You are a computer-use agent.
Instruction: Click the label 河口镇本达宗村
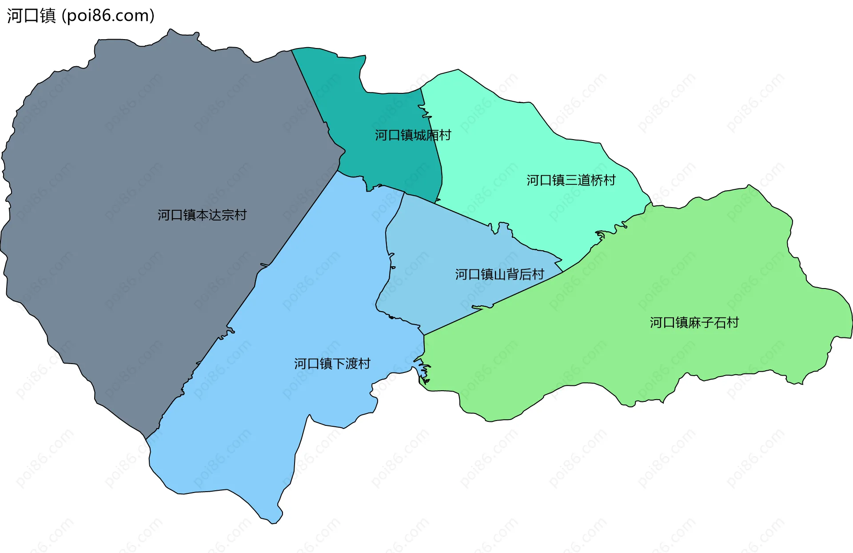(202, 215)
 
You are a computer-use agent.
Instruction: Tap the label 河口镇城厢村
(413, 135)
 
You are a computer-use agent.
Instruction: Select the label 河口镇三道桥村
(571, 180)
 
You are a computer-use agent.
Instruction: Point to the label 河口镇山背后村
(499, 274)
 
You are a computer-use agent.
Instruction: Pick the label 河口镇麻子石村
(694, 322)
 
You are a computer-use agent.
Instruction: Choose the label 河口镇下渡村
(332, 364)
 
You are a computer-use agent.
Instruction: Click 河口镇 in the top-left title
(31, 16)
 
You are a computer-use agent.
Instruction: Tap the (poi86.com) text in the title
(108, 16)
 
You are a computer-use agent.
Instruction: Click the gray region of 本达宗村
(133, 156)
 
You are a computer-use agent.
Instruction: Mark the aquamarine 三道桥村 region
(511, 142)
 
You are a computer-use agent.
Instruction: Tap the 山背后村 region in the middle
(435, 249)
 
